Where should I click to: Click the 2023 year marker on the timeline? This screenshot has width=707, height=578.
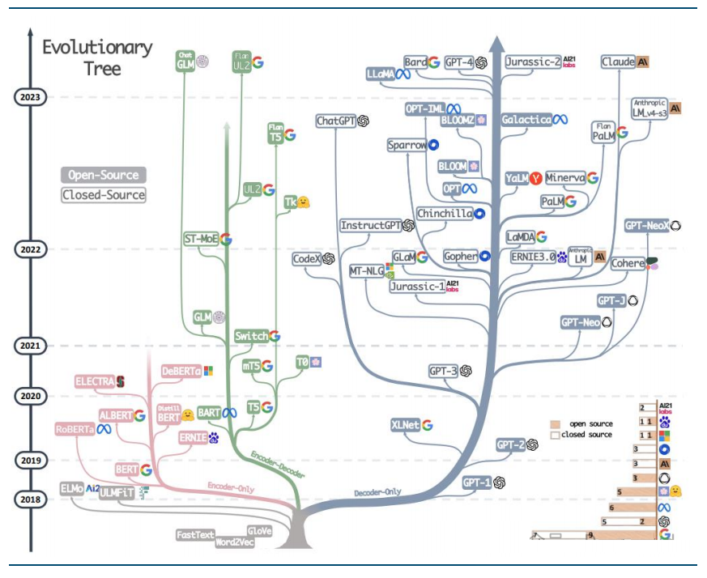[31, 96]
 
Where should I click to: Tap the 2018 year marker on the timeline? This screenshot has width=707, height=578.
[31, 499]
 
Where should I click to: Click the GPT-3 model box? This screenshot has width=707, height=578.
[444, 371]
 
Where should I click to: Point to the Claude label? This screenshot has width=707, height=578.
[619, 62]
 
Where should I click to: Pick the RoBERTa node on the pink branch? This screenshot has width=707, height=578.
[75, 429]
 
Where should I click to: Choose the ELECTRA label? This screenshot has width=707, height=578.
[94, 380]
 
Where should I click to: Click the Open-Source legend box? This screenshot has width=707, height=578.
[102, 174]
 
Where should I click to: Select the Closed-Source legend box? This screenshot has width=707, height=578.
[104, 194]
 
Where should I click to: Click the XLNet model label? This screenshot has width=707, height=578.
[405, 425]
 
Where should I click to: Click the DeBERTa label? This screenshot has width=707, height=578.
[181, 371]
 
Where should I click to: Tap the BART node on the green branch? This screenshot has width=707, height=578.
[209, 413]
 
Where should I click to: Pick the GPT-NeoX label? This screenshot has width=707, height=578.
[646, 226]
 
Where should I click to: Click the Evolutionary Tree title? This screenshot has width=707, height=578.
[97, 57]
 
